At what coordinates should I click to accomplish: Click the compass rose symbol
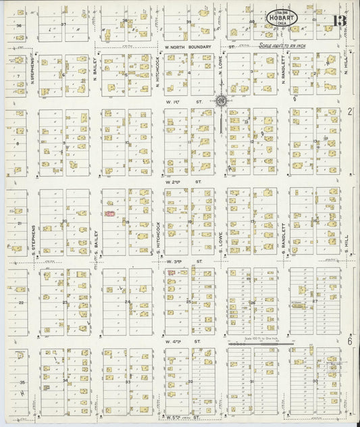(x=221, y=101)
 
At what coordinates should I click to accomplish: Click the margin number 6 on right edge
(x=351, y=342)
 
